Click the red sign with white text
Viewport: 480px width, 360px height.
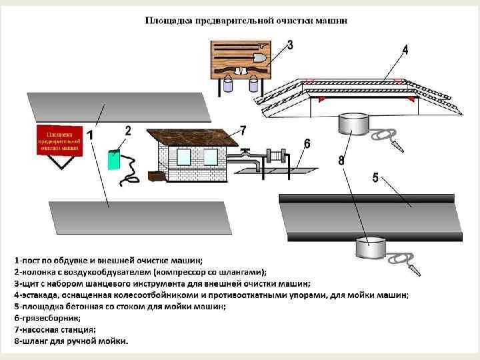[59, 140]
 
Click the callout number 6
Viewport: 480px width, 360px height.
[307, 143]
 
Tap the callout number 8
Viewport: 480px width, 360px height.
[341, 160]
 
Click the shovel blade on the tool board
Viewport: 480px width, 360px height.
[259, 59]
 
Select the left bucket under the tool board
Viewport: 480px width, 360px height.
[228, 85]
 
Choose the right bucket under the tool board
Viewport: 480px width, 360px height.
[253, 85]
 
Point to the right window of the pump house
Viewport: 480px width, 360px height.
[209, 157]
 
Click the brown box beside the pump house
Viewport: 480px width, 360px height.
[155, 177]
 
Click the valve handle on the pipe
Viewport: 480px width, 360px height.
[246, 150]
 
